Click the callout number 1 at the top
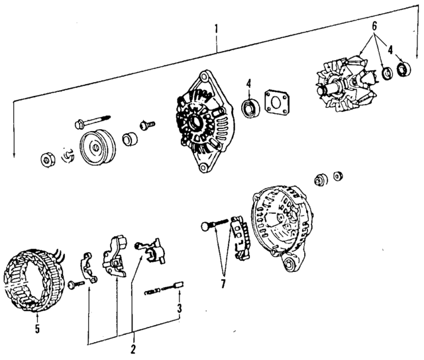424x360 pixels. coord(216,29)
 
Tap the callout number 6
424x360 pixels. coord(374,26)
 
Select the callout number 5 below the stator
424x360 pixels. coord(37,329)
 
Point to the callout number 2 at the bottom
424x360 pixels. coord(132,349)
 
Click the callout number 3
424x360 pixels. coord(180,308)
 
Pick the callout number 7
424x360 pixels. coord(223,284)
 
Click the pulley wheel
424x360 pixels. coord(97,148)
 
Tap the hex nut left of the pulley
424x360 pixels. coord(48,160)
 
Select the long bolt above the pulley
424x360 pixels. coord(93,121)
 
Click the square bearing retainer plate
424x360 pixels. coord(278,103)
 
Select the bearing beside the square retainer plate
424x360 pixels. coord(250,109)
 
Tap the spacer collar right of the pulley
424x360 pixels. coord(130,139)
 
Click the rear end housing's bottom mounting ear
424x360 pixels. coord(290,261)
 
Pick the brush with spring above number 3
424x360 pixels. coord(164,289)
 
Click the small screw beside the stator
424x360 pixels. coord(76,285)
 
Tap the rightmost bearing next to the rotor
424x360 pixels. coord(403,68)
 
